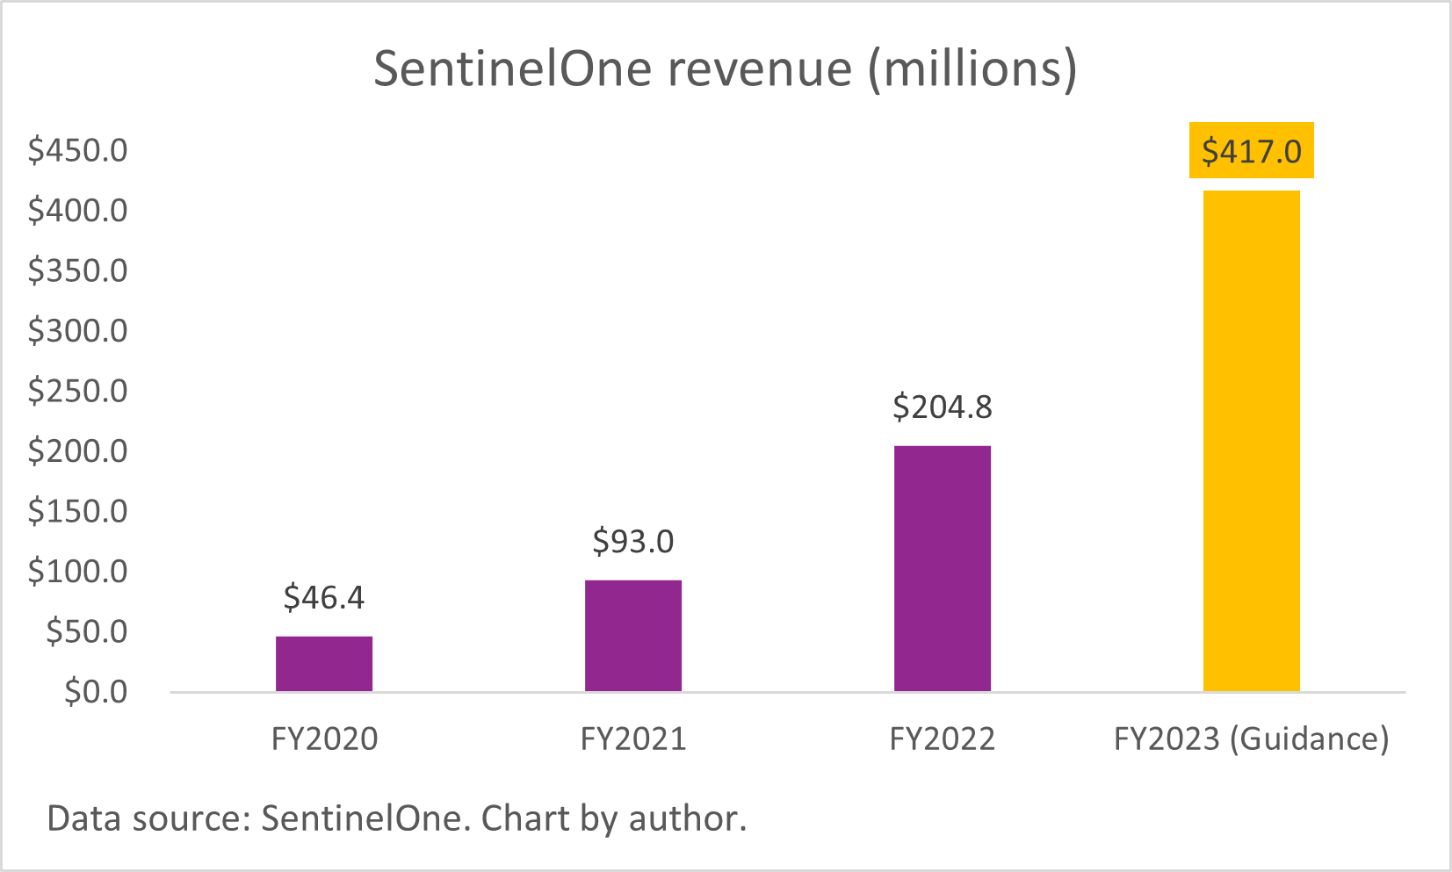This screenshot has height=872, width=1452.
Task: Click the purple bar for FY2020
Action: tap(324, 664)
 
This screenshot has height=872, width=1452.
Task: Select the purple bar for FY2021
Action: tap(633, 636)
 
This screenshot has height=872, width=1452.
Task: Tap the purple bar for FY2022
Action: tap(943, 569)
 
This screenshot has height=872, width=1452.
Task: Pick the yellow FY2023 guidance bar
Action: tap(1252, 441)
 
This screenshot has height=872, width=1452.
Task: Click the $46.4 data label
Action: tap(324, 598)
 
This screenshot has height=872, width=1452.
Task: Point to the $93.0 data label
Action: tap(633, 542)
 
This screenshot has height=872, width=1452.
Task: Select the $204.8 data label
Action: tap(943, 407)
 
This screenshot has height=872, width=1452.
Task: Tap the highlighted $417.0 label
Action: tap(1252, 152)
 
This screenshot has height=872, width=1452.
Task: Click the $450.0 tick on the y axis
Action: tap(78, 151)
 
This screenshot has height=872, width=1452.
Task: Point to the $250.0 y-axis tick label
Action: tap(78, 391)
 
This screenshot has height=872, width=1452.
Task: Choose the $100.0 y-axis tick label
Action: tap(78, 572)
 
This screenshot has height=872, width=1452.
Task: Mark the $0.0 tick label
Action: tap(96, 692)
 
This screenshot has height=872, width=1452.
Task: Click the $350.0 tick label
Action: tap(78, 270)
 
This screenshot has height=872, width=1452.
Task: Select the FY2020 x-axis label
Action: tap(324, 739)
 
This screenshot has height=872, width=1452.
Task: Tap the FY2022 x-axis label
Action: tap(943, 739)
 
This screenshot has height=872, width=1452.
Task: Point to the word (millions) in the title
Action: tap(972, 68)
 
